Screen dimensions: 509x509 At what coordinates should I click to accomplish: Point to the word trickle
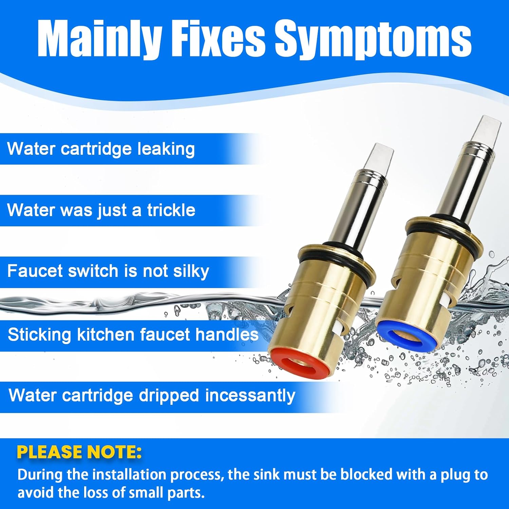click(x=171, y=210)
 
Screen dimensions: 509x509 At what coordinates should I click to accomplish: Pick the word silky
click(x=191, y=271)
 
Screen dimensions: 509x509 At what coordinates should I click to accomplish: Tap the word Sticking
click(x=39, y=335)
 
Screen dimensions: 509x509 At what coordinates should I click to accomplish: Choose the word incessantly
click(x=250, y=396)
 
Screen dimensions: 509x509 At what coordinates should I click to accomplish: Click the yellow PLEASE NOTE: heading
click(x=79, y=452)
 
